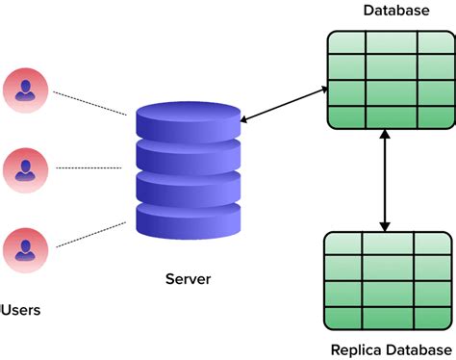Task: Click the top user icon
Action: [x=25, y=89]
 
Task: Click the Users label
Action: [x=19, y=310]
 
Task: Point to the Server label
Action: [x=188, y=279]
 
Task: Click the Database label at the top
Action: [x=395, y=11]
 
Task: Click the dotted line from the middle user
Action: [x=89, y=167]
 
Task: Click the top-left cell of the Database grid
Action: [x=344, y=45]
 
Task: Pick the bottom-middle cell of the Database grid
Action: [x=388, y=117]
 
